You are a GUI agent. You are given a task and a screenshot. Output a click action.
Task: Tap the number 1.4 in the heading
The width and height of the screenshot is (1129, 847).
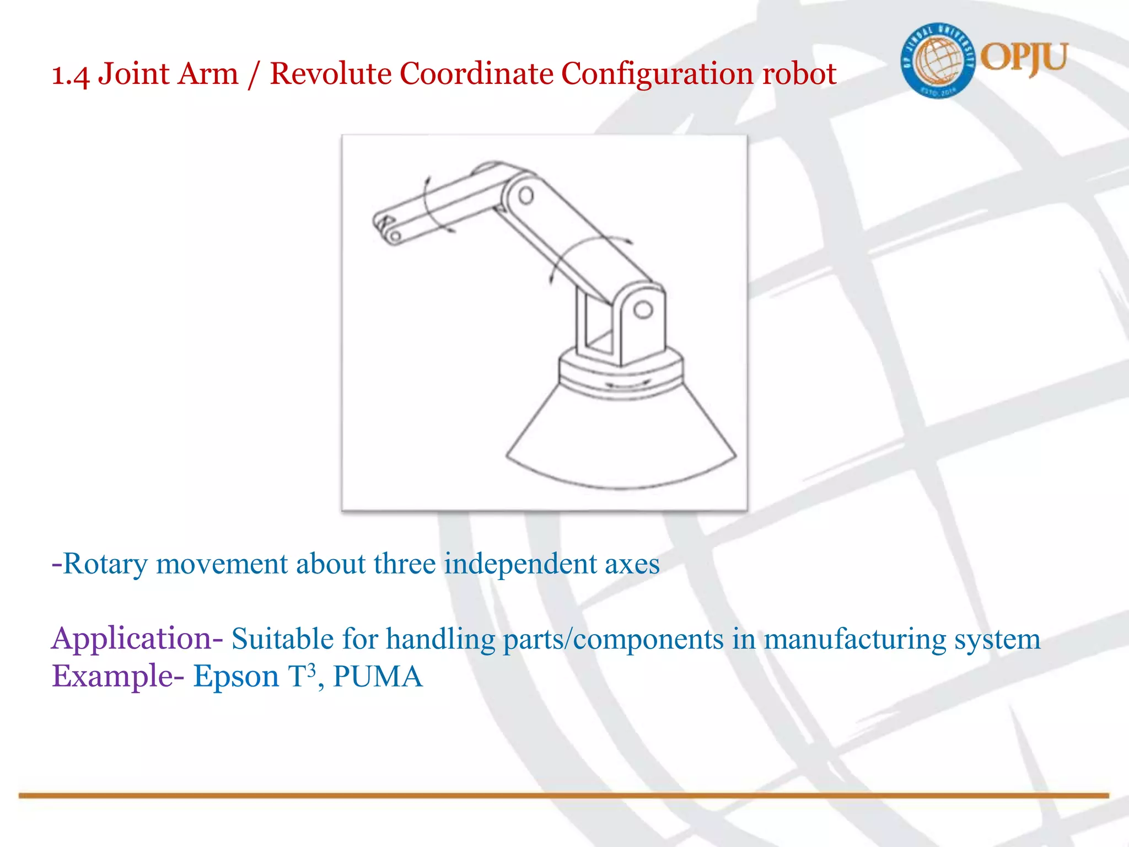click(x=70, y=75)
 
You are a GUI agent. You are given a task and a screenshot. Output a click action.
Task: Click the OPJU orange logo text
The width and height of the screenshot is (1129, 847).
click(x=1024, y=57)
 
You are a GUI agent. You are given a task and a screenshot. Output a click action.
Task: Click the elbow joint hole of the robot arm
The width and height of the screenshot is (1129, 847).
click(x=525, y=195)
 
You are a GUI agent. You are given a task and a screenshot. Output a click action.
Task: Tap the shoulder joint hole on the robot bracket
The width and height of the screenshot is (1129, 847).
click(x=642, y=310)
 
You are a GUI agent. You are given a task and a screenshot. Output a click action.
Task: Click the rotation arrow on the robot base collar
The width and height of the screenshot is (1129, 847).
click(x=627, y=384)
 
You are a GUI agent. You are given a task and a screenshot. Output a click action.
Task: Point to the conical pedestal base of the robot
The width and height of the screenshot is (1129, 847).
click(x=620, y=441)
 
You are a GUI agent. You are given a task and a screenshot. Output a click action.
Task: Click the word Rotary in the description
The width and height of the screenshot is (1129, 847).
click(x=105, y=564)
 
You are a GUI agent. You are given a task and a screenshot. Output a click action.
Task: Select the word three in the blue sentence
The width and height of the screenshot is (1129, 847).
click(x=404, y=564)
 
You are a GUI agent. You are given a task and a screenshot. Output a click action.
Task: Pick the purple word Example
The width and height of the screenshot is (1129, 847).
click(x=113, y=677)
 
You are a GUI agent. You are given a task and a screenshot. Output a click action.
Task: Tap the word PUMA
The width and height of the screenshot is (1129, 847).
click(x=378, y=677)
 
